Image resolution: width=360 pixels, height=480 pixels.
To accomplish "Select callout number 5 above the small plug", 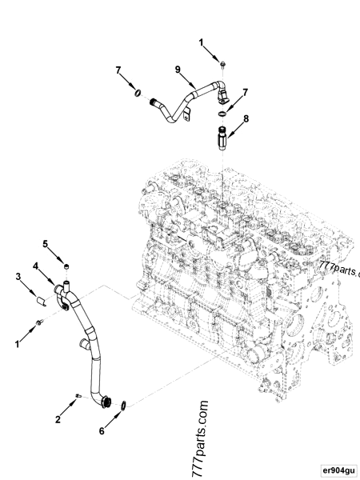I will (46, 242).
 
